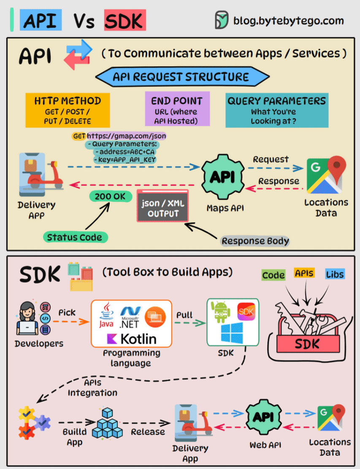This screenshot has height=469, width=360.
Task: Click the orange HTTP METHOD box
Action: [68, 110]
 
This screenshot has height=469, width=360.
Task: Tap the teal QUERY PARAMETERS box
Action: [276, 110]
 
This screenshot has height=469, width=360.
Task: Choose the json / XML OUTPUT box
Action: [163, 208]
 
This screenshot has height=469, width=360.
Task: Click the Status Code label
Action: [75, 237]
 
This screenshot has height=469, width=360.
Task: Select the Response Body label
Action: [255, 241]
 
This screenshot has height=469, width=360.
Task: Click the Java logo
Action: [106, 315]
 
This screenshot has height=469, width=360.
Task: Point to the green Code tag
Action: [273, 275]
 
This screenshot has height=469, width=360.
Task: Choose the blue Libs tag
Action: [335, 274]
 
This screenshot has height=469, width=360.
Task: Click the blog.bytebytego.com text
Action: [288, 20]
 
